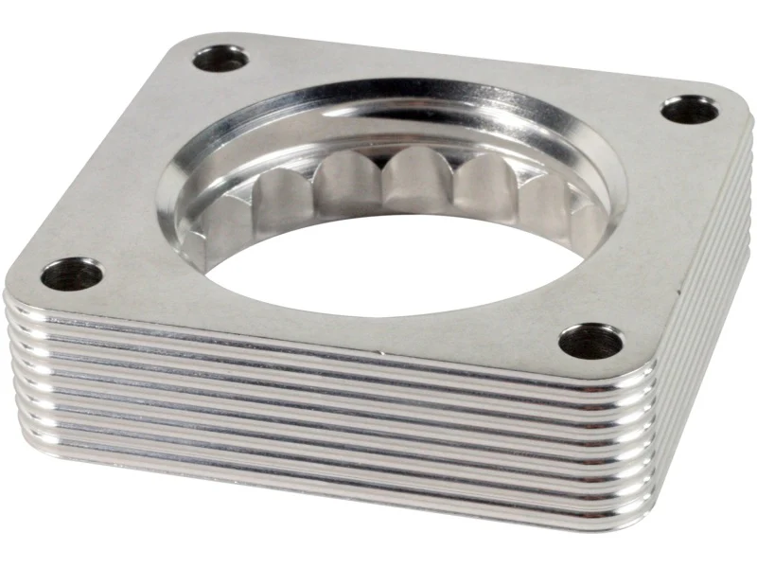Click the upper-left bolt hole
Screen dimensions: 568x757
[x=220, y=60]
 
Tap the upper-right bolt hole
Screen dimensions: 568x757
[x=688, y=110]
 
